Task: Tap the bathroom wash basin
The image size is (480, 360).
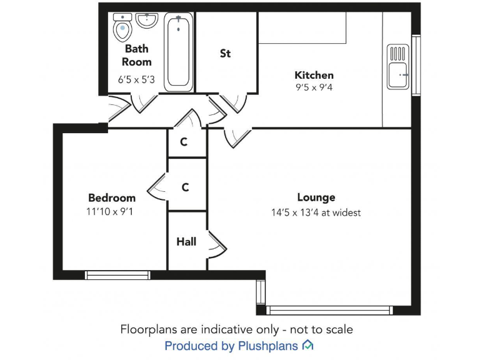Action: [146, 21]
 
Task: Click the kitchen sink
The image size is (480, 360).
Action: [397, 66]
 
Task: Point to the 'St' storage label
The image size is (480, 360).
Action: [225, 54]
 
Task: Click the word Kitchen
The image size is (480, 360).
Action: [314, 75]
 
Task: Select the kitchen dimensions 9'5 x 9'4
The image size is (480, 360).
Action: [314, 88]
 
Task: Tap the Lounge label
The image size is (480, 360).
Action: [316, 197]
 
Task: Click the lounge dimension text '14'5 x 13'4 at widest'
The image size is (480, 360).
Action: [316, 212]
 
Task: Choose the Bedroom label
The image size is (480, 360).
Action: [112, 197]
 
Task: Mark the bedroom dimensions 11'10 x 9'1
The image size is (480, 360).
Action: [110, 212]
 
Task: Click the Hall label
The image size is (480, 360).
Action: [186, 241]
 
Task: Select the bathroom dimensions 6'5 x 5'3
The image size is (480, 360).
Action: [136, 80]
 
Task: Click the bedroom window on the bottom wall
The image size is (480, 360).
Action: [117, 274]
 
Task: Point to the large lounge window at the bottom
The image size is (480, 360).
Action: [329, 310]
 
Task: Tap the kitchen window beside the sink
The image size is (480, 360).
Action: [415, 65]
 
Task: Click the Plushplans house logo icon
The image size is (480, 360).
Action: [307, 345]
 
